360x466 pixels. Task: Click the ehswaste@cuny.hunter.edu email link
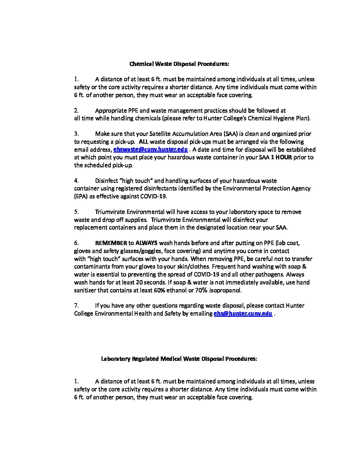pyautogui.click(x=151, y=150)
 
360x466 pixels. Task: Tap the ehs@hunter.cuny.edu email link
pyautogui.click(x=243, y=313)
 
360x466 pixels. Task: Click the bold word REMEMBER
pyautogui.click(x=111, y=243)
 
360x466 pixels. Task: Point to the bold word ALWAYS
pyautogui.click(x=146, y=243)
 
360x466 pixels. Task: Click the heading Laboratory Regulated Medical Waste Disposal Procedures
pyautogui.click(x=179, y=359)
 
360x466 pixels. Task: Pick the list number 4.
pyautogui.click(x=76, y=181)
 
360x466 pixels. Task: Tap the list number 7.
pyautogui.click(x=76, y=305)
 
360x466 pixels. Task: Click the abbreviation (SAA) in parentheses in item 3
pyautogui.click(x=230, y=134)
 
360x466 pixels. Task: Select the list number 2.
pyautogui.click(x=76, y=111)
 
